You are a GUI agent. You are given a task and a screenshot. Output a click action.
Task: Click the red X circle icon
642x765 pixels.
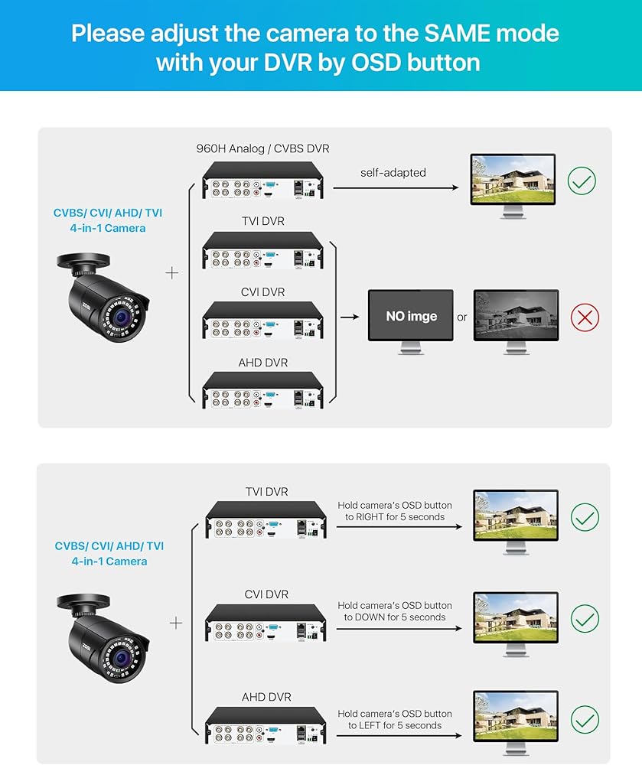[585, 317]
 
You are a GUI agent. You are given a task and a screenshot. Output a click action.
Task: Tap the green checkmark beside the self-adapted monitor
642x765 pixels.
[582, 181]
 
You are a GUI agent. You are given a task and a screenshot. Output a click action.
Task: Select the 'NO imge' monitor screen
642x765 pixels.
[411, 316]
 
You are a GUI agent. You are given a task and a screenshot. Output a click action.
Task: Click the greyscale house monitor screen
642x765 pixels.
[517, 315]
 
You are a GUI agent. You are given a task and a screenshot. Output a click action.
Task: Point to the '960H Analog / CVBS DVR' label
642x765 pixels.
[262, 148]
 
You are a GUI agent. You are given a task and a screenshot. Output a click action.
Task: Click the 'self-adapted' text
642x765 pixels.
[393, 173]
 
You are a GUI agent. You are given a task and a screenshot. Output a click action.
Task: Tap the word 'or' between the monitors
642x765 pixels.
[462, 317]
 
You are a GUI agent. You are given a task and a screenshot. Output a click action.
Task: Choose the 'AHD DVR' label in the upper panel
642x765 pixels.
[263, 363]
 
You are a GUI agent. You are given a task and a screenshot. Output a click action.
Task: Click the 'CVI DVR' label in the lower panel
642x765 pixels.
[266, 594]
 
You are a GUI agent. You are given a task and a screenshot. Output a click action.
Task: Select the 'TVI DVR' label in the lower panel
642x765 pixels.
[267, 492]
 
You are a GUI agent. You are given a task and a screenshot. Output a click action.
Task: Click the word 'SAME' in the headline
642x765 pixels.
[457, 34]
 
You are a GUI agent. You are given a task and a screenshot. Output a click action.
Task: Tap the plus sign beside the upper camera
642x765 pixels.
[171, 273]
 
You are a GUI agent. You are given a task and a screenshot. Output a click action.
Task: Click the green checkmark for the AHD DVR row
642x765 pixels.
[585, 719]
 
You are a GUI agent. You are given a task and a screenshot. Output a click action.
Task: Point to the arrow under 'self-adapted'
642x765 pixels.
[396, 188]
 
